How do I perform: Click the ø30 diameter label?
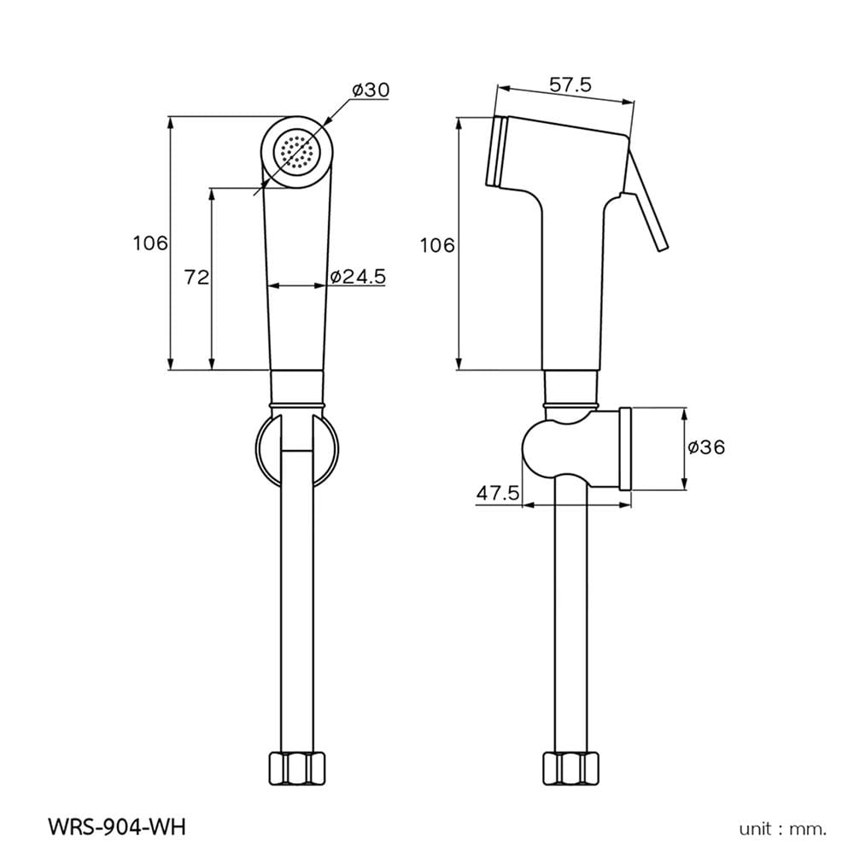[371, 90]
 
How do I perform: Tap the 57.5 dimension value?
[570, 85]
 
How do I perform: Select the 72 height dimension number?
[196, 278]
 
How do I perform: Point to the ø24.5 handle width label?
[358, 277]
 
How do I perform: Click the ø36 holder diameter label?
[706, 447]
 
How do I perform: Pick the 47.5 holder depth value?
[498, 494]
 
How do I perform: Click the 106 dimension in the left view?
[150, 243]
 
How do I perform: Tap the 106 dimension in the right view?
[436, 246]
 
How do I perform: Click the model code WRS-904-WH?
[117, 827]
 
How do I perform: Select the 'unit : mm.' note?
[782, 829]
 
